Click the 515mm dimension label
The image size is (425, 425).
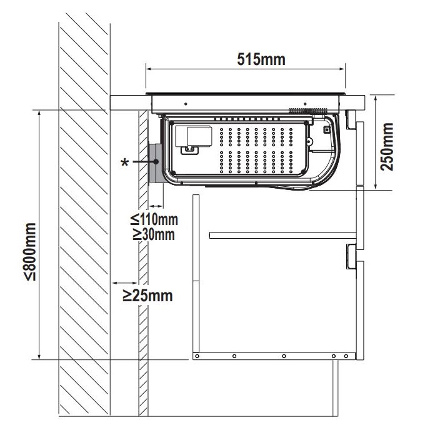[261, 59]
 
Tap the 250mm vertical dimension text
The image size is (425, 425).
[386, 147]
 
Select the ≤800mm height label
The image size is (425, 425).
[30, 251]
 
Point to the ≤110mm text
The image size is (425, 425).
[154, 219]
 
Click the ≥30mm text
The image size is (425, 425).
[154, 234]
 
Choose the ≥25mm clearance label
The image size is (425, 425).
[147, 296]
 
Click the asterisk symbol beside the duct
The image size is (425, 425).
[124, 162]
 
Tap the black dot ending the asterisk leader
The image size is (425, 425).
[156, 162]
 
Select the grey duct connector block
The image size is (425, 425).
[155, 163]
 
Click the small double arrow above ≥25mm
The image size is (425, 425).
[125, 283]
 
